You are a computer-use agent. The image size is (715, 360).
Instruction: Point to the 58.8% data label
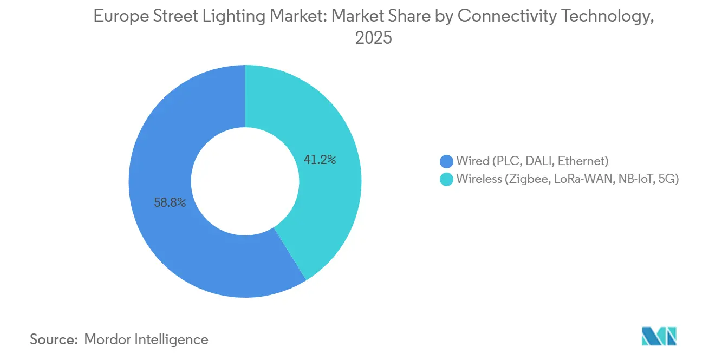coord(170,203)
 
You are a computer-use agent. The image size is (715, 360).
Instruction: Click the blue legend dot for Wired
coord(446,161)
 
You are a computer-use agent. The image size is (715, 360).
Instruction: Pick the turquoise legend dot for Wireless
coord(446,179)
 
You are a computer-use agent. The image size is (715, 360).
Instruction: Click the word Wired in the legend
coord(472,161)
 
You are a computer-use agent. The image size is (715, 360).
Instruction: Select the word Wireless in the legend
coord(479,179)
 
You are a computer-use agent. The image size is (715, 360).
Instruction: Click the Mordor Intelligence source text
coord(146,339)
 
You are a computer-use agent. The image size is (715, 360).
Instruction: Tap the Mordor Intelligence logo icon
coord(659,337)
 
